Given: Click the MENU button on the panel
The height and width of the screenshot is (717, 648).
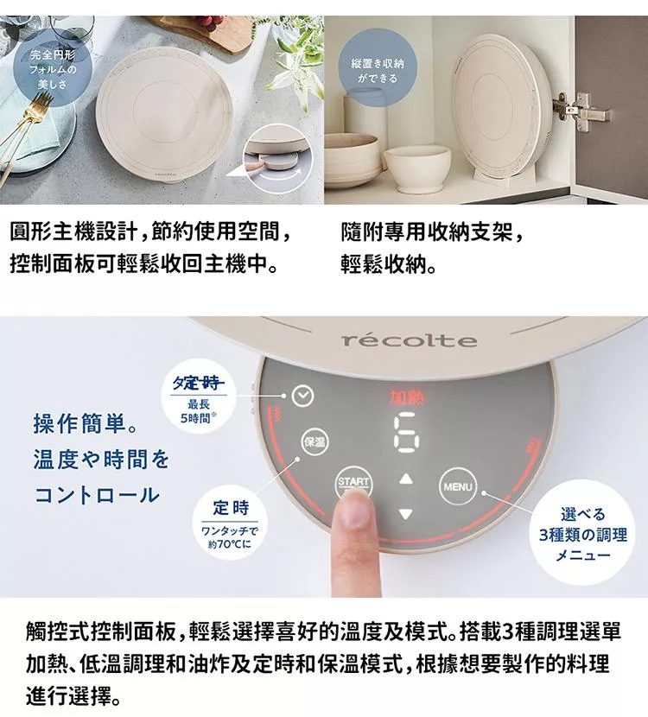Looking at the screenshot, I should coord(458,486).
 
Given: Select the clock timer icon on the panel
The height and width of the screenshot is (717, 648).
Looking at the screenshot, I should coord(301,396).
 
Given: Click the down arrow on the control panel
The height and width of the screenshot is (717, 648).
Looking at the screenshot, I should coord(406,513).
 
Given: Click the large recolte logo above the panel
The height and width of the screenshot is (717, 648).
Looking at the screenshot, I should coord(409,340).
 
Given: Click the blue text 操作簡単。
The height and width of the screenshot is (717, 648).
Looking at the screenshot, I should coord(85,424).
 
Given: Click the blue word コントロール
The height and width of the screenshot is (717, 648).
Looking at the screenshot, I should coord(97,496).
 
